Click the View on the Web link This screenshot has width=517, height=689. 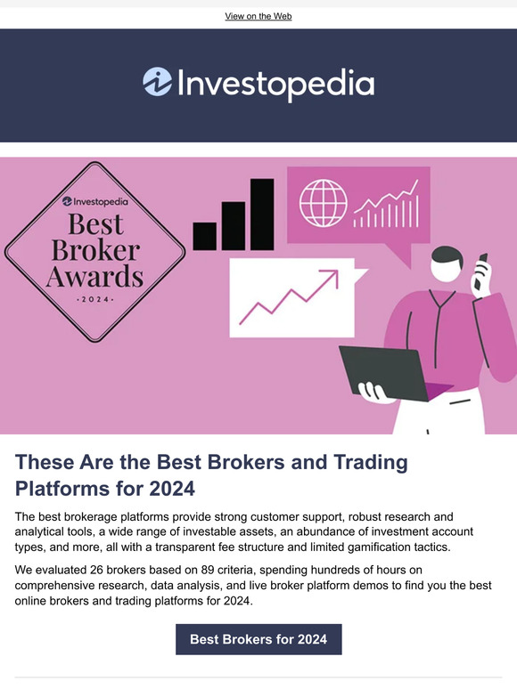(258, 16)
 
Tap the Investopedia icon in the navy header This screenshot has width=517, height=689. (157, 83)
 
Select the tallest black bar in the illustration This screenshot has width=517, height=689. (262, 214)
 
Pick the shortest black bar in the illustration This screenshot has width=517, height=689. (204, 235)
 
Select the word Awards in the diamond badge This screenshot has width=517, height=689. (94, 274)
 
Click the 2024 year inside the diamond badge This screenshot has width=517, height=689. (94, 300)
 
